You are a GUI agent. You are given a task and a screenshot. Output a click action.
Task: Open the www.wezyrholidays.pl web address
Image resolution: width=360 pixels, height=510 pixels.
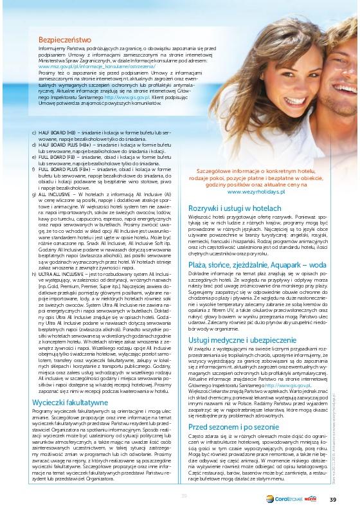coord(257,192)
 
